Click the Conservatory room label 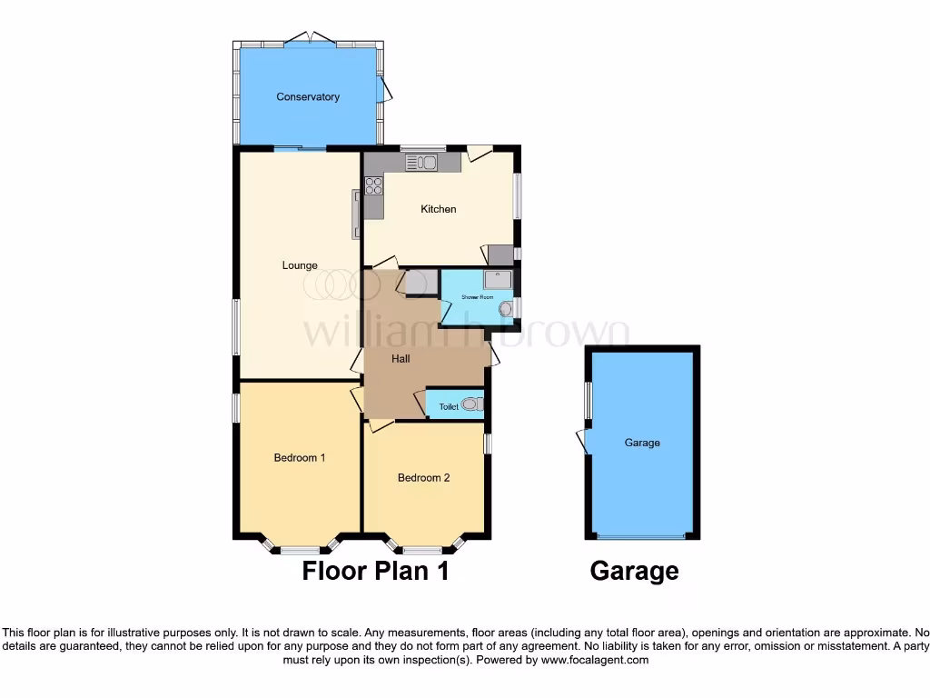point(308,97)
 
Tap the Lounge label point(300,265)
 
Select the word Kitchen point(438,209)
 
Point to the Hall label point(401,359)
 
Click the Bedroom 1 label point(300,458)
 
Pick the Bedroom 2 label point(423,478)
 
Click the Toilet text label point(449,407)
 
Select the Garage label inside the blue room point(642,443)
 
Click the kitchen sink point(421,163)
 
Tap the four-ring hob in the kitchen point(373,186)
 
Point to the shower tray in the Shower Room point(498,279)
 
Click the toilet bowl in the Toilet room point(471,404)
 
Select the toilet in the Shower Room point(506,309)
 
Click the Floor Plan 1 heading point(375,571)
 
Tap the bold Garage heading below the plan point(634,571)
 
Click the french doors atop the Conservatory point(310,38)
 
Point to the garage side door point(583,441)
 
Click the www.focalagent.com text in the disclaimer point(595,660)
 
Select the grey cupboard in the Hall point(417,284)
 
